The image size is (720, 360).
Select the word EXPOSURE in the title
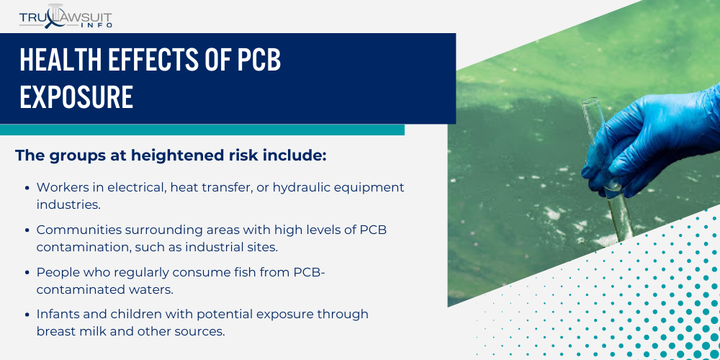(76, 97)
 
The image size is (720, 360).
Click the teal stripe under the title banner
(202, 130)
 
